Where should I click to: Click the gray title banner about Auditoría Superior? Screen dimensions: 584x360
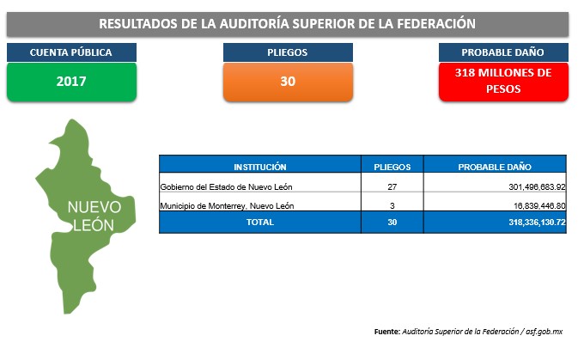(x=288, y=24)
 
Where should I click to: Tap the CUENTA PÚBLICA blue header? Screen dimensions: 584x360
(x=71, y=52)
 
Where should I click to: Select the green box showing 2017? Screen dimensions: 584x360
(x=71, y=82)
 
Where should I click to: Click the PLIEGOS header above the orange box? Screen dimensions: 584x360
(x=288, y=52)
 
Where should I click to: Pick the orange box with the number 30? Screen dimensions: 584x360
(x=288, y=82)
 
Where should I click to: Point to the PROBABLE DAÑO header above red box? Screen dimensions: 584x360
(x=503, y=52)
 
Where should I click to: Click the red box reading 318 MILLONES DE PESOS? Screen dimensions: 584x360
(x=503, y=82)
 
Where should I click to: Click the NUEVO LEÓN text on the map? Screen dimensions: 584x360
(x=94, y=217)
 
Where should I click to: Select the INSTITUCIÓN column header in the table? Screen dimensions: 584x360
(x=260, y=167)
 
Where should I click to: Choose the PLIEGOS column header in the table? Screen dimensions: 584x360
(x=392, y=167)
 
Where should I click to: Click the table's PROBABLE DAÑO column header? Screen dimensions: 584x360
(x=495, y=167)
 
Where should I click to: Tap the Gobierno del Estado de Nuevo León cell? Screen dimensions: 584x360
(x=226, y=187)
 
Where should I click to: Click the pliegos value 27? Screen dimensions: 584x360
(x=392, y=187)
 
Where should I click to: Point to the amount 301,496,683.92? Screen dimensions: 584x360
(x=537, y=187)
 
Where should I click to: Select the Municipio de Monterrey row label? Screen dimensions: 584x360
(x=227, y=205)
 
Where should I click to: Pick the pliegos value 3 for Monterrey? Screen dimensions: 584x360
(x=392, y=205)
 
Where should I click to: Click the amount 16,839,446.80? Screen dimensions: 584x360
(x=539, y=205)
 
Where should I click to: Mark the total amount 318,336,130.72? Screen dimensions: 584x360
(x=537, y=223)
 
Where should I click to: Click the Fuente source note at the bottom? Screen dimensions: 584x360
(x=468, y=332)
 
